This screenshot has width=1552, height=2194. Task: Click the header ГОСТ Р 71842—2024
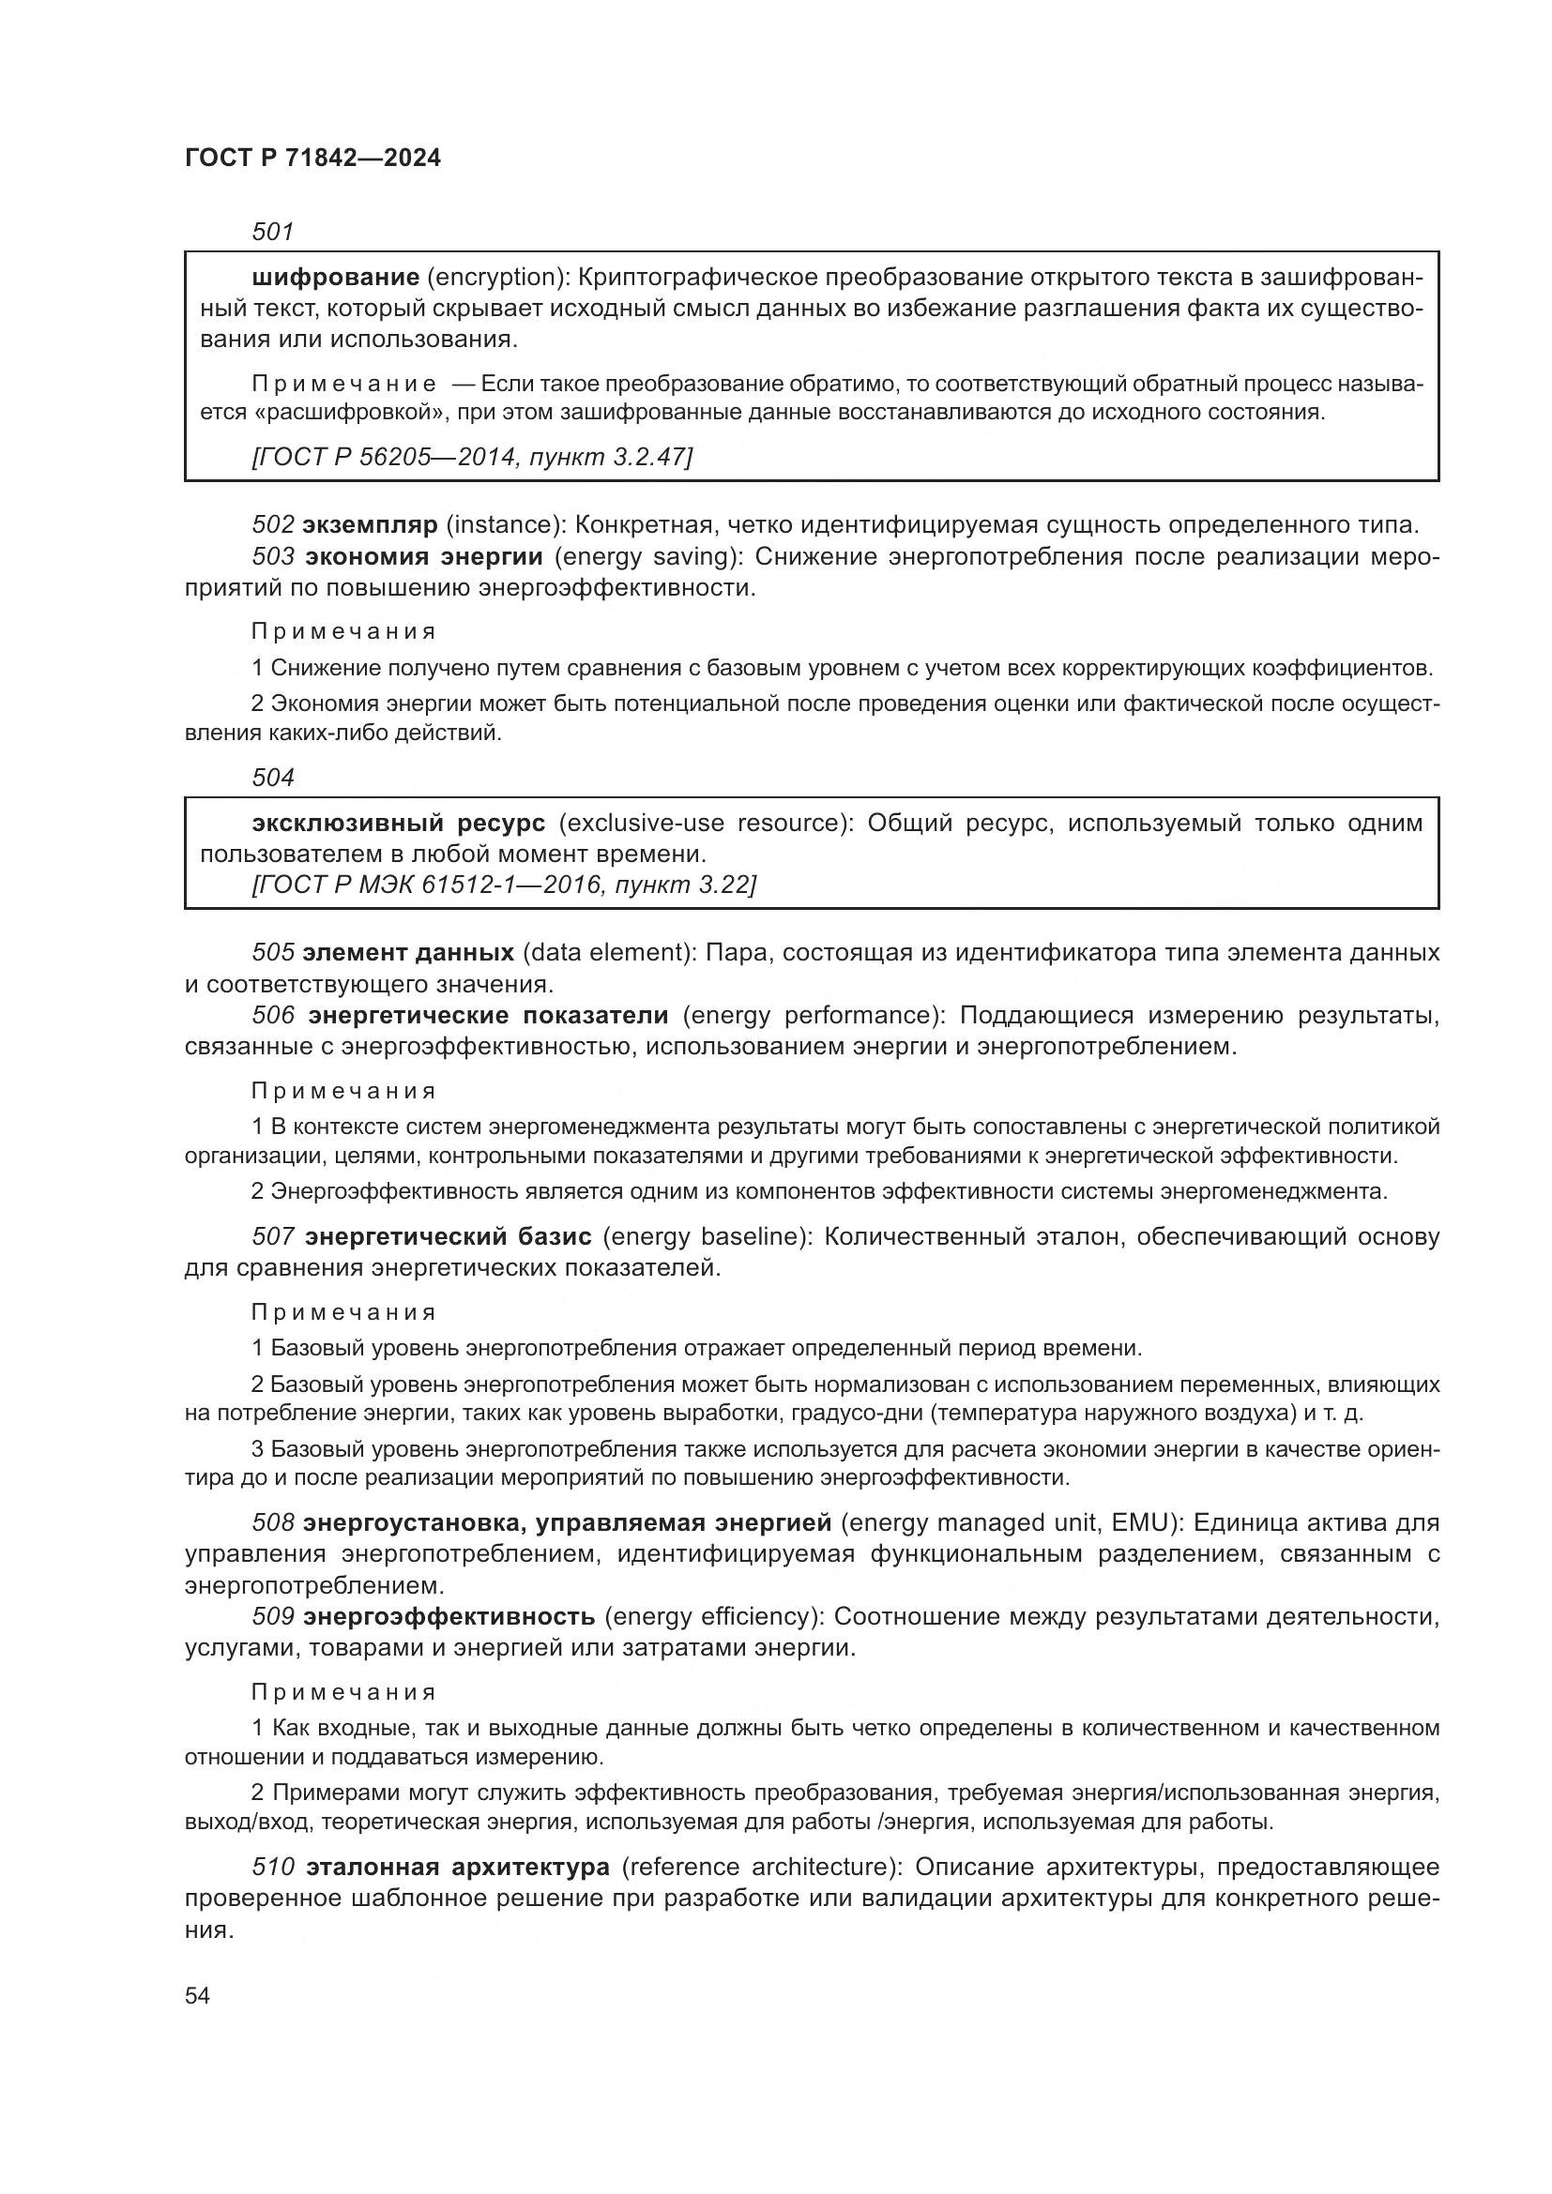point(312,159)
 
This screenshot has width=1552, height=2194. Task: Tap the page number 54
point(197,1995)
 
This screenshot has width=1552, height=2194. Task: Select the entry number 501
point(272,232)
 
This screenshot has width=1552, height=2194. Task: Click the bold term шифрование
point(335,277)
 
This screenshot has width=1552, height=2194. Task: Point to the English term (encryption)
point(498,277)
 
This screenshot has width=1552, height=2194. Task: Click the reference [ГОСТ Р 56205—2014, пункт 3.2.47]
point(471,457)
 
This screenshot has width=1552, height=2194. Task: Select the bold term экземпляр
point(370,524)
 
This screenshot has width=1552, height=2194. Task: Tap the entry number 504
point(272,778)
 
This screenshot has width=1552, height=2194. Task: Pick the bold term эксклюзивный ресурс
point(399,823)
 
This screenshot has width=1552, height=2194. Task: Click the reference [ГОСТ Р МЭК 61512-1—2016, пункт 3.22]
point(504,885)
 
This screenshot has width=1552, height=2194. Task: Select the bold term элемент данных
point(408,953)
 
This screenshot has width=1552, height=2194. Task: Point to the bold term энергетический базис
point(449,1236)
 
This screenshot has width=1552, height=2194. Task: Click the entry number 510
point(272,1867)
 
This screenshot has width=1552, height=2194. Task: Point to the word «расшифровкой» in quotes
point(335,413)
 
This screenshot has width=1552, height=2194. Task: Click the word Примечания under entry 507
point(344,1312)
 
